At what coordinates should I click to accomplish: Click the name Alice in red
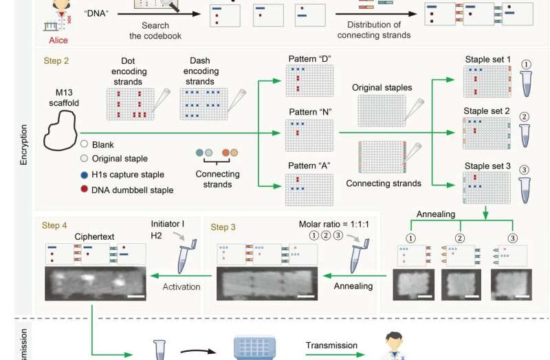(x=58, y=41)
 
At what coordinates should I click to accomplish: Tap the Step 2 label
(x=56, y=60)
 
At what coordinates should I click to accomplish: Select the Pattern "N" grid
(x=309, y=135)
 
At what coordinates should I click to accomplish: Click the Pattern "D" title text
(x=309, y=59)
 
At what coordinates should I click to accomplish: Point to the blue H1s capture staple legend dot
(x=84, y=175)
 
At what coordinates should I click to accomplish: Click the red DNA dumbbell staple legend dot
(x=84, y=190)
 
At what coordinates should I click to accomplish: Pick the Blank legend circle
(x=84, y=144)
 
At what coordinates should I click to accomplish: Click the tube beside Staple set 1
(x=526, y=83)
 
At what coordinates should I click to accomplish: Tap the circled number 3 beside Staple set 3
(x=524, y=170)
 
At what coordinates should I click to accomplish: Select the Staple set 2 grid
(x=487, y=133)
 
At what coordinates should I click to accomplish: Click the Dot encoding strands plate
(x=130, y=104)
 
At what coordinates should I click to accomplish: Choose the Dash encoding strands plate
(x=203, y=104)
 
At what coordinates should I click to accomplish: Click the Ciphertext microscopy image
(x=96, y=284)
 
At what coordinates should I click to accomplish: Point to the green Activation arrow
(x=181, y=275)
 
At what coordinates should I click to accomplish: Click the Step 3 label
(x=223, y=227)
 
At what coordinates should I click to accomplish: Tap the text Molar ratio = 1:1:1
(x=333, y=225)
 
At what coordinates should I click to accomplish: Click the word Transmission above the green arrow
(x=331, y=346)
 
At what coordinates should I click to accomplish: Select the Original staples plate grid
(x=382, y=111)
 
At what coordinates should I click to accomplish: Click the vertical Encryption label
(x=23, y=144)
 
